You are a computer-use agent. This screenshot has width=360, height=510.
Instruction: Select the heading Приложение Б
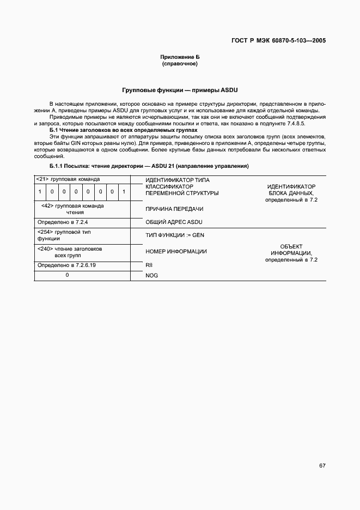[x=180, y=57]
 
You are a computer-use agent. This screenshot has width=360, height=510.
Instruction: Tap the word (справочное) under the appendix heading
[x=180, y=64]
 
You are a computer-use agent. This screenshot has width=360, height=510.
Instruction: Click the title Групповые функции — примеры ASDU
[x=180, y=90]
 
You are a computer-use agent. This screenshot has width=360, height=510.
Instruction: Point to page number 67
[x=322, y=466]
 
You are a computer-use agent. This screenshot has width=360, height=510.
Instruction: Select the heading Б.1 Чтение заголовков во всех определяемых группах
[x=123, y=131]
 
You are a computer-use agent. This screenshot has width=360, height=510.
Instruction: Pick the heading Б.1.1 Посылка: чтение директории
[x=149, y=166]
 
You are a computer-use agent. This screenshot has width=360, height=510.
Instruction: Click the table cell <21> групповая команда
[x=68, y=179]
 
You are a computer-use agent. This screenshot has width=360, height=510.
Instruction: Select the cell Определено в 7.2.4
[x=63, y=222]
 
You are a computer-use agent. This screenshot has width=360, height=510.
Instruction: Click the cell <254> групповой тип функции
[x=64, y=235]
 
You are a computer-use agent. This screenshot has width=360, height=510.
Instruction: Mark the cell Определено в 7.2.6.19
[x=66, y=265]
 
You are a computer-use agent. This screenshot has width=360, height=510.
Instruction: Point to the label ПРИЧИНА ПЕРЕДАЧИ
[x=174, y=209]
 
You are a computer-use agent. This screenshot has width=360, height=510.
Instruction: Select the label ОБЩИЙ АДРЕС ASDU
[x=174, y=222]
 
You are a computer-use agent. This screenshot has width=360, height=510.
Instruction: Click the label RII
[x=149, y=265]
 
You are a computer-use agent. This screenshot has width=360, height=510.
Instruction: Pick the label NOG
[x=151, y=276]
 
